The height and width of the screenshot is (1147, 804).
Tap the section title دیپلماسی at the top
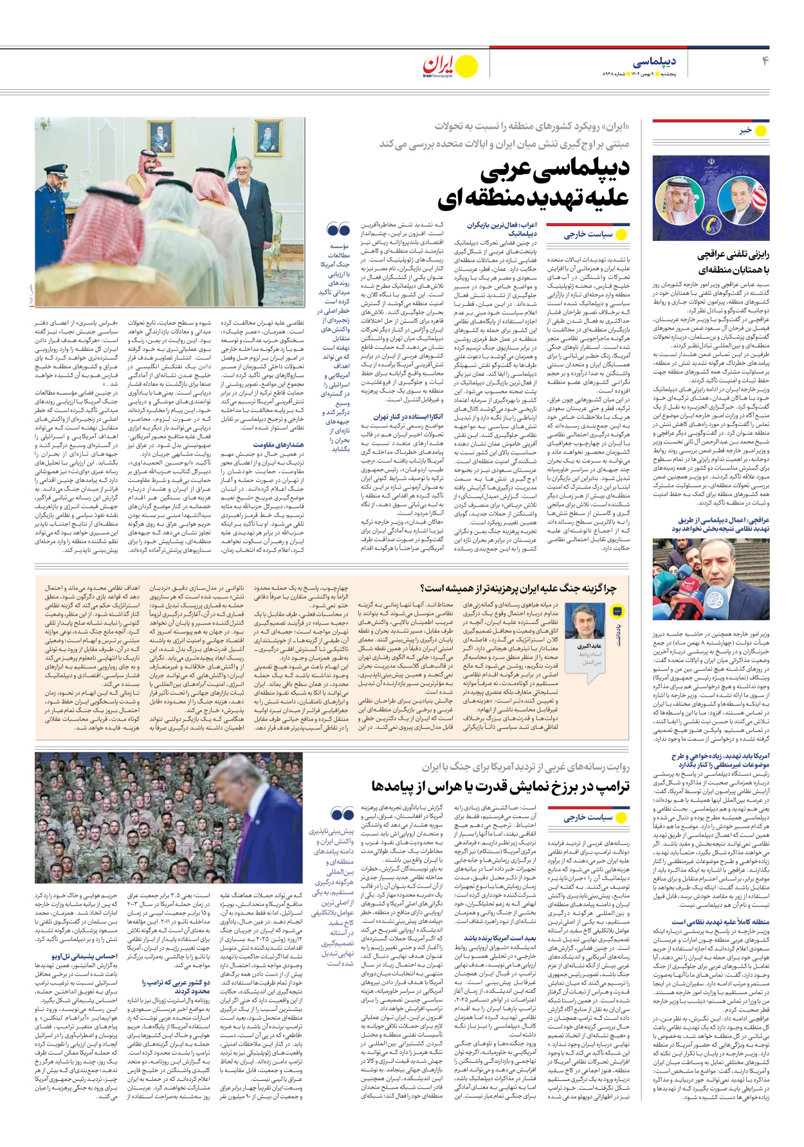pyautogui.click(x=654, y=62)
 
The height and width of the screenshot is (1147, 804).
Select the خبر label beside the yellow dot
pyautogui.click(x=745, y=130)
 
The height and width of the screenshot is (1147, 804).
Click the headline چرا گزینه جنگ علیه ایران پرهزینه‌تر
pyautogui.click(x=518, y=588)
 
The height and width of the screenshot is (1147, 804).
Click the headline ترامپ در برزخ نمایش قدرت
pyautogui.click(x=500, y=787)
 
